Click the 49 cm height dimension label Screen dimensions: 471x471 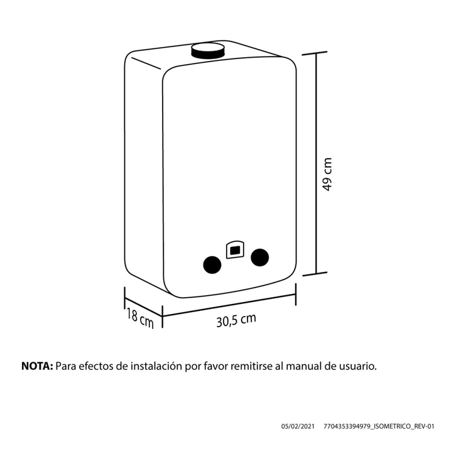(x=327, y=174)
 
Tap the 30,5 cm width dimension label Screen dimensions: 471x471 (x=236, y=320)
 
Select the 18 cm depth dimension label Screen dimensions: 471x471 (x=139, y=318)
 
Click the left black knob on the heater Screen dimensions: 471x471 (x=212, y=265)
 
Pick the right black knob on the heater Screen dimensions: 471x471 (x=260, y=257)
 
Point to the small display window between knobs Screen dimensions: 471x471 (x=235, y=249)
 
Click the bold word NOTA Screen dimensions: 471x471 (x=37, y=366)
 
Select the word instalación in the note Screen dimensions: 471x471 (x=156, y=366)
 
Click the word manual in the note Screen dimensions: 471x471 (x=304, y=366)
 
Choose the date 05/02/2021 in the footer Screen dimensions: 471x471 (x=298, y=426)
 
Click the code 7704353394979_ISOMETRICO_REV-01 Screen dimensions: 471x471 (x=379, y=426)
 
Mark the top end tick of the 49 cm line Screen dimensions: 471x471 (x=315, y=53)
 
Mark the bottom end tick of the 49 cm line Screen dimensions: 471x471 (x=315, y=274)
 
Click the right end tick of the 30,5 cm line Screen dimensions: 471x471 (x=296, y=295)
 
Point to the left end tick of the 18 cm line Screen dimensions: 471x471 (x=125, y=298)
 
